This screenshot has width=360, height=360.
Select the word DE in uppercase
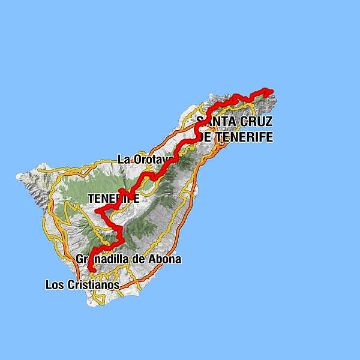coord(206,137)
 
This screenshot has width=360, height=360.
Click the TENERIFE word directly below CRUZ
coord(245,137)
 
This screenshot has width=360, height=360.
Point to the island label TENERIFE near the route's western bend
coord(113,198)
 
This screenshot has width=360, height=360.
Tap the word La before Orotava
coord(124,160)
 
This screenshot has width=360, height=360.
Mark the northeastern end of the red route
coord(271,91)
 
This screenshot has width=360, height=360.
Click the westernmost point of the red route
coord(98,211)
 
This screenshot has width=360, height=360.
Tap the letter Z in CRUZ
coord(269,122)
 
